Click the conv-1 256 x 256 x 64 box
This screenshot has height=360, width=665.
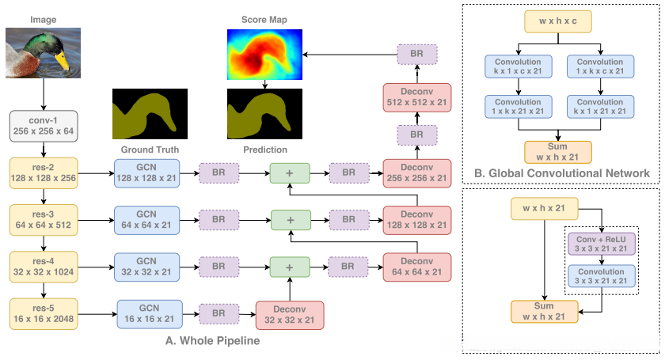(x=43, y=125)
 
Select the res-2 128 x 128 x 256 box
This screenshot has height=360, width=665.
(x=44, y=172)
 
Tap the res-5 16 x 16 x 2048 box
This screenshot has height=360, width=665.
(x=44, y=313)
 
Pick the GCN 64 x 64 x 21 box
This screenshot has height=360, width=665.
(x=147, y=218)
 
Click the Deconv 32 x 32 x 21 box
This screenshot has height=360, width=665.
(x=290, y=314)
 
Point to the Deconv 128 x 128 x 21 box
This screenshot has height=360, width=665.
(x=416, y=219)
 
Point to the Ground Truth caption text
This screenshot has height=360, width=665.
(x=150, y=149)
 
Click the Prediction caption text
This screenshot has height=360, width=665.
(x=265, y=149)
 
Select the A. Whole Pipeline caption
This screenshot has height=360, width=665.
(x=212, y=341)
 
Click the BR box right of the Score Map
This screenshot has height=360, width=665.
(x=416, y=54)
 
